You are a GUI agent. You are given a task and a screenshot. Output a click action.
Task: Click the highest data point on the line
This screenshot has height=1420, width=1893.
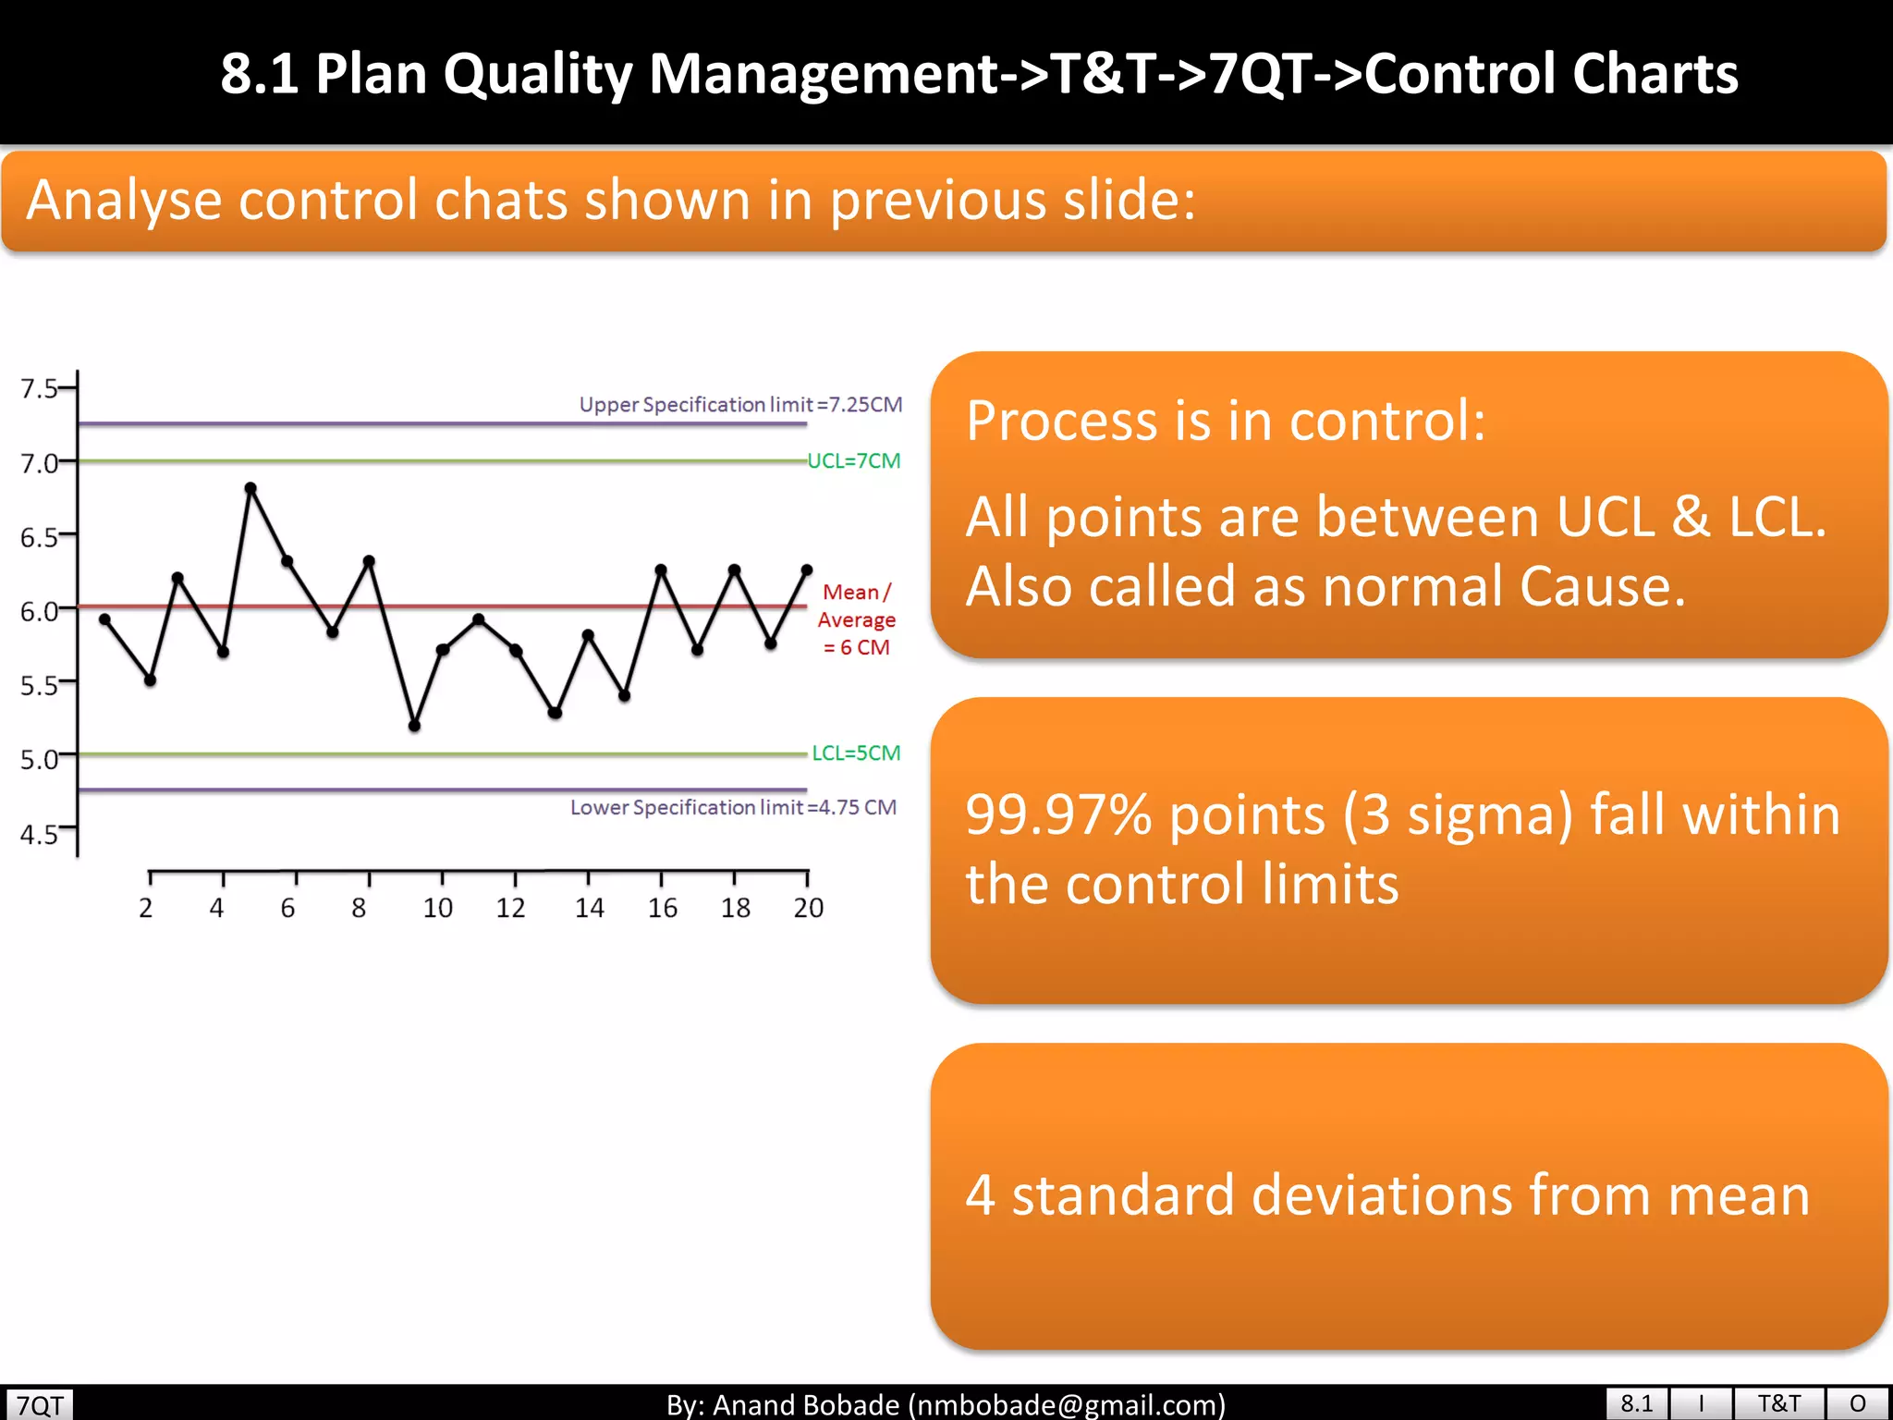coord(250,488)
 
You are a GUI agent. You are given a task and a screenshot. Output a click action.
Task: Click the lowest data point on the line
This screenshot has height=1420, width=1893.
coord(414,726)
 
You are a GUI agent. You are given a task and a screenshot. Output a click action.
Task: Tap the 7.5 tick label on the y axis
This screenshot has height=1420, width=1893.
coord(39,388)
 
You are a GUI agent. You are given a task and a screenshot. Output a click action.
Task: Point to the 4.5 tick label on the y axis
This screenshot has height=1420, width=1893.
coord(39,835)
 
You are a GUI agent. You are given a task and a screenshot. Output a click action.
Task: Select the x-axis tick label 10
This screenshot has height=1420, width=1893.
coord(438,909)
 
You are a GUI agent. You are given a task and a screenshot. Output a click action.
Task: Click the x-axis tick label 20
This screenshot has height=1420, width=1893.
coord(809,909)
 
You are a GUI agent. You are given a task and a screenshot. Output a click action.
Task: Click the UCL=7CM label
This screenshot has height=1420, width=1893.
coord(854,460)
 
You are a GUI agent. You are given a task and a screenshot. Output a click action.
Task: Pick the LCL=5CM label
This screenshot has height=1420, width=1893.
coord(856,753)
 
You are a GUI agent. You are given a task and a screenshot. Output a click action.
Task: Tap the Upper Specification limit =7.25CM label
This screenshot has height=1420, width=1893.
coord(740,405)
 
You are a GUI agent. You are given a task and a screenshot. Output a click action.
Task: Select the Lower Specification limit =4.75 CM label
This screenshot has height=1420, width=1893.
coord(733,807)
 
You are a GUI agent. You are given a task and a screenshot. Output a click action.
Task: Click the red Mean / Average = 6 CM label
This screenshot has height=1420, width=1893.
coord(857,619)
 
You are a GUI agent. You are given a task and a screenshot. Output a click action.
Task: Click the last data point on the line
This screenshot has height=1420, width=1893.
coord(807,570)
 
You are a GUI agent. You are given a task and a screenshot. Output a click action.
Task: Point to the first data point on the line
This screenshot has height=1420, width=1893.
coord(104,619)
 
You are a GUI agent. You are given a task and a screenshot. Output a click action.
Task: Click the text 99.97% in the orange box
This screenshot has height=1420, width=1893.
coord(1057,815)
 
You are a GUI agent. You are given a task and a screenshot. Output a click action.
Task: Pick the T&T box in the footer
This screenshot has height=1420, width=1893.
coord(1778,1403)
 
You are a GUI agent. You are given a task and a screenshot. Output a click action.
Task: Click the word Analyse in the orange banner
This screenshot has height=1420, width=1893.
coord(124,201)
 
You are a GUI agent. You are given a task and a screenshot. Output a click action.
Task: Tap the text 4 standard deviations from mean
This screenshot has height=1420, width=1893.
coord(1386,1194)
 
